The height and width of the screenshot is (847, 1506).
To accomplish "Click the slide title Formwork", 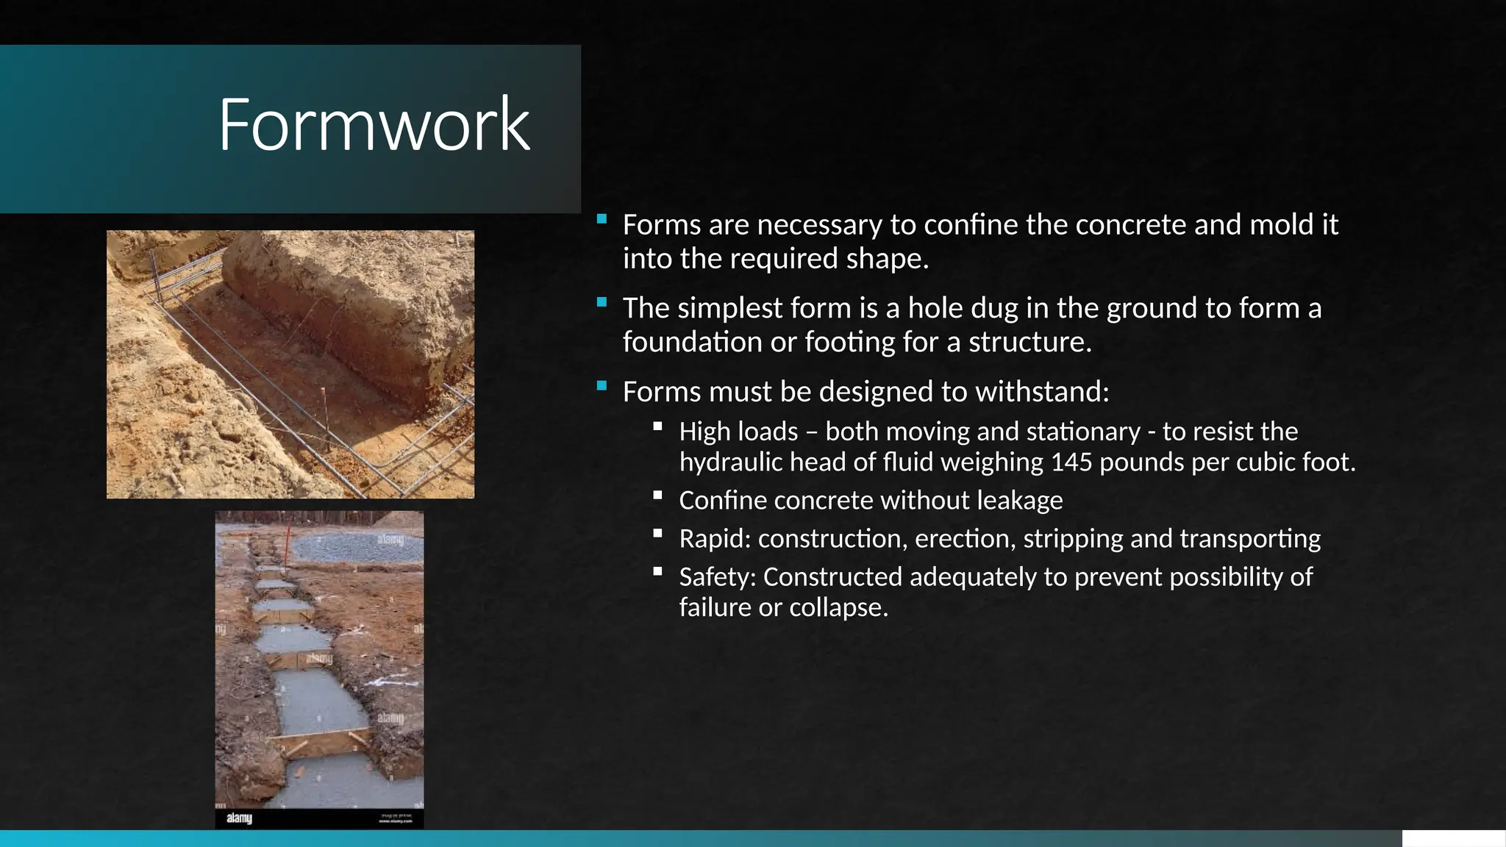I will click(374, 125).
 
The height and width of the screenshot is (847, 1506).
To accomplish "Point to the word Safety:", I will click(717, 577).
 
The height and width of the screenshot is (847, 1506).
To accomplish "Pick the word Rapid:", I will click(714, 539).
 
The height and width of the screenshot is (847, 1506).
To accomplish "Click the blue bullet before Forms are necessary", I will click(602, 218).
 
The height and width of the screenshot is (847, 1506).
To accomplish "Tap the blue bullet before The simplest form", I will click(602, 302).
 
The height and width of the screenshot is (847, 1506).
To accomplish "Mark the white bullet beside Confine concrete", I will click(657, 495).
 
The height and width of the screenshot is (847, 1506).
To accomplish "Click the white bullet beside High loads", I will click(657, 426).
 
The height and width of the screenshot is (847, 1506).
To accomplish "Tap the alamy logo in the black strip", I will click(239, 818).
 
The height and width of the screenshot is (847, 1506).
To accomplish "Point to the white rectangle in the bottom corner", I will click(1453, 838).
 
